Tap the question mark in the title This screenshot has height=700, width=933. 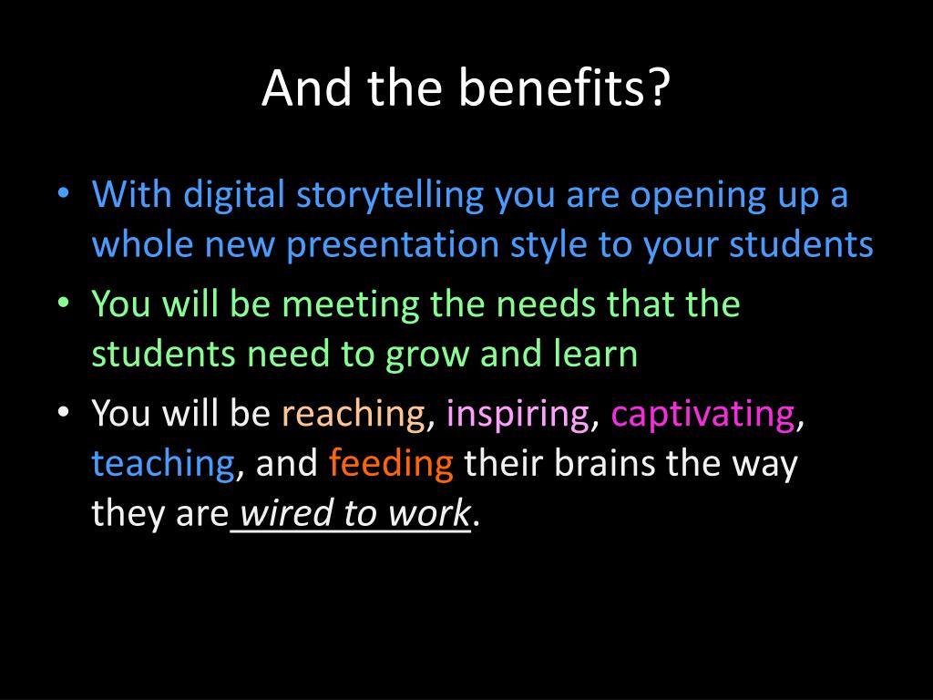pyautogui.click(x=661, y=87)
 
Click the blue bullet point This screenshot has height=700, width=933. pyautogui.click(x=63, y=193)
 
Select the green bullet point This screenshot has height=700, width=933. pyautogui.click(x=63, y=303)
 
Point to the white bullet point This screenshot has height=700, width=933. pyautogui.click(x=63, y=411)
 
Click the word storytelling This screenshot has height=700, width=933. pyautogui.click(x=390, y=196)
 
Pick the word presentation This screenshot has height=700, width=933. pyautogui.click(x=393, y=245)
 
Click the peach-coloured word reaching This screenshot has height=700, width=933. pyautogui.click(x=354, y=414)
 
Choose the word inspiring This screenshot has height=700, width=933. pyautogui.click(x=518, y=414)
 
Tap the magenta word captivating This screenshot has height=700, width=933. pyautogui.click(x=702, y=414)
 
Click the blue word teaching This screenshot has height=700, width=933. pyautogui.click(x=163, y=464)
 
